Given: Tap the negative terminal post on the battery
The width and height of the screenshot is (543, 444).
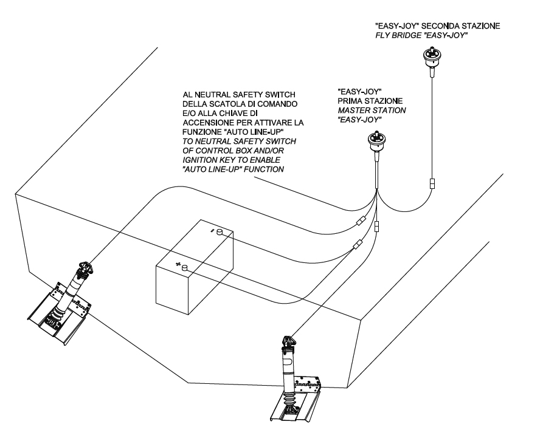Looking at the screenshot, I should click(220, 231).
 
